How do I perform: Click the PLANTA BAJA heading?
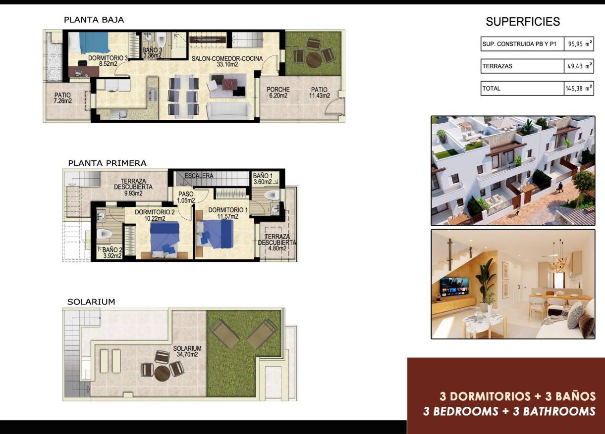pyautogui.click(x=94, y=20)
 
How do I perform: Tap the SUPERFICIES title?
pyautogui.click(x=523, y=22)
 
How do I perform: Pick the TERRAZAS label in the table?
pyautogui.click(x=497, y=66)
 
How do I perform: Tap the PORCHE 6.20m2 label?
pyautogui.click(x=277, y=93)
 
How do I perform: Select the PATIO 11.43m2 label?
pyautogui.click(x=319, y=93)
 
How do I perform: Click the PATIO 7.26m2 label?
pyautogui.click(x=62, y=97)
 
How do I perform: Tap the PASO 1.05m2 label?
pyautogui.click(x=186, y=197)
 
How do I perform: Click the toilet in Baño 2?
pyautogui.click(x=105, y=234)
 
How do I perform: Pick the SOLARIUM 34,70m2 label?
pyautogui.click(x=187, y=351)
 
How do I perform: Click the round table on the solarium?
pyautogui.click(x=162, y=373)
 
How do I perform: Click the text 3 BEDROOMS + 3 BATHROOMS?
pyautogui.click(x=509, y=411)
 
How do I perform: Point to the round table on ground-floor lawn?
pyautogui.click(x=313, y=59)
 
